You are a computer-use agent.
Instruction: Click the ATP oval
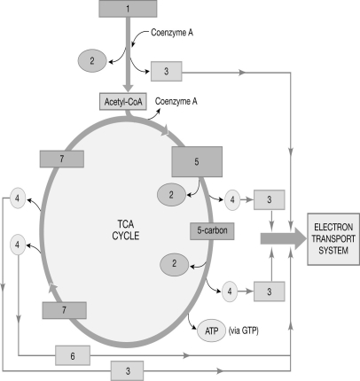[209, 334]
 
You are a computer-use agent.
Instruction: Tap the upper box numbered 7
[61, 159]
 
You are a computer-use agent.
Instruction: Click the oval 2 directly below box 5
[171, 192]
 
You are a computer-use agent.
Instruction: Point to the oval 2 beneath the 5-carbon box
[176, 263]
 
